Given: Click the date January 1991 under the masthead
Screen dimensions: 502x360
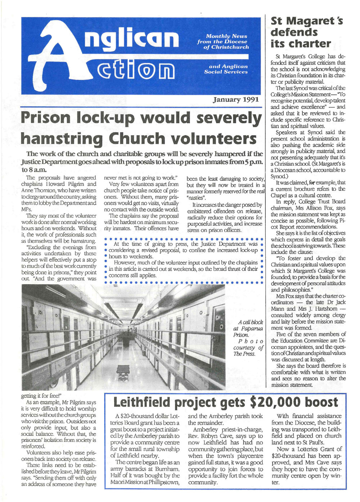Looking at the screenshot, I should (236, 99).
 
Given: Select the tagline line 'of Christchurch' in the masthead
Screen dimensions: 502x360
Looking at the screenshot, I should (226, 47).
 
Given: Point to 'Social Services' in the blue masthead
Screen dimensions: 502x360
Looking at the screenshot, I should (226, 72).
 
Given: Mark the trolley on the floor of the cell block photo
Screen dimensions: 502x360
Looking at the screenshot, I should (123, 371).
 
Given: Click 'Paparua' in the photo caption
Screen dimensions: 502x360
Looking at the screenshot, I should (252, 328).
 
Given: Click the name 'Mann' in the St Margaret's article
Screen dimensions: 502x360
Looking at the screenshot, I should (278, 309).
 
